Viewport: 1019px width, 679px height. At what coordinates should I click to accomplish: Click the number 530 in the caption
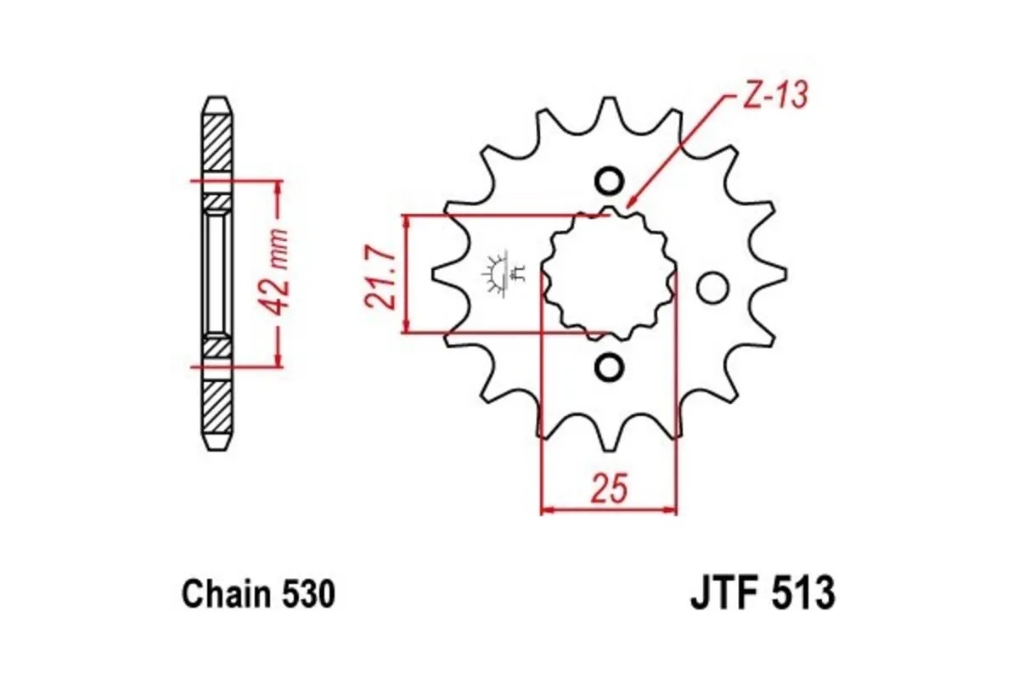[307, 594]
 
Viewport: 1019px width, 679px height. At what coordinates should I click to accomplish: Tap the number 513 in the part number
[802, 594]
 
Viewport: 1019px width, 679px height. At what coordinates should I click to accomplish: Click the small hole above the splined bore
[608, 181]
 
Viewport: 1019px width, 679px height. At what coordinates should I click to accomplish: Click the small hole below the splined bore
[608, 367]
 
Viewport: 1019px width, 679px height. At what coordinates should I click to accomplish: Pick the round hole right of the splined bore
[712, 289]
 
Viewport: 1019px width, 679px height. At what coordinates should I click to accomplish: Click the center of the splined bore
[609, 273]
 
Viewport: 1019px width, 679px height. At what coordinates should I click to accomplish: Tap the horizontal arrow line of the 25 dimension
[609, 511]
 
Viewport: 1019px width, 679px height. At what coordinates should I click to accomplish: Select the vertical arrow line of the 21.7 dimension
[408, 273]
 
